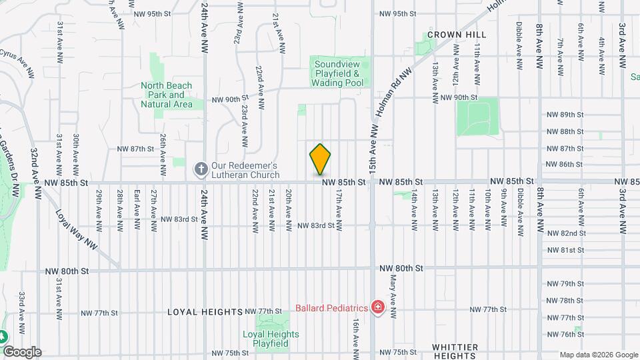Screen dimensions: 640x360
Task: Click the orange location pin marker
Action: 320,159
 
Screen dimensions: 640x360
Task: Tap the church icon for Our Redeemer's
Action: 200,170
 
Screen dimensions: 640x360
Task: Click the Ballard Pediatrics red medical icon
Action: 378,308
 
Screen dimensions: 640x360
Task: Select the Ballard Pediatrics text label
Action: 332,308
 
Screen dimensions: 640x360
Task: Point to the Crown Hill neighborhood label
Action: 457,34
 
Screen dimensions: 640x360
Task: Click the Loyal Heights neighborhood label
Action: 205,311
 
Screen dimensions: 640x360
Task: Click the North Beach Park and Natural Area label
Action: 167,95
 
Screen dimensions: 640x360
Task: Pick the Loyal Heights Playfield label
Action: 265,339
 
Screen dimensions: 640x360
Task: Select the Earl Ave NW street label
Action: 137,208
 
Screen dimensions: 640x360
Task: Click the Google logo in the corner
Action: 22,352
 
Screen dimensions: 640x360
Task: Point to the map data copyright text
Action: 599,355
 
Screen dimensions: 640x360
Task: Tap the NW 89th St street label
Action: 565,115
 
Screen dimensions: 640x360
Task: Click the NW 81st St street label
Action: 565,250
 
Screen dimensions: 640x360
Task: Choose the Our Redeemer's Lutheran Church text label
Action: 244,170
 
